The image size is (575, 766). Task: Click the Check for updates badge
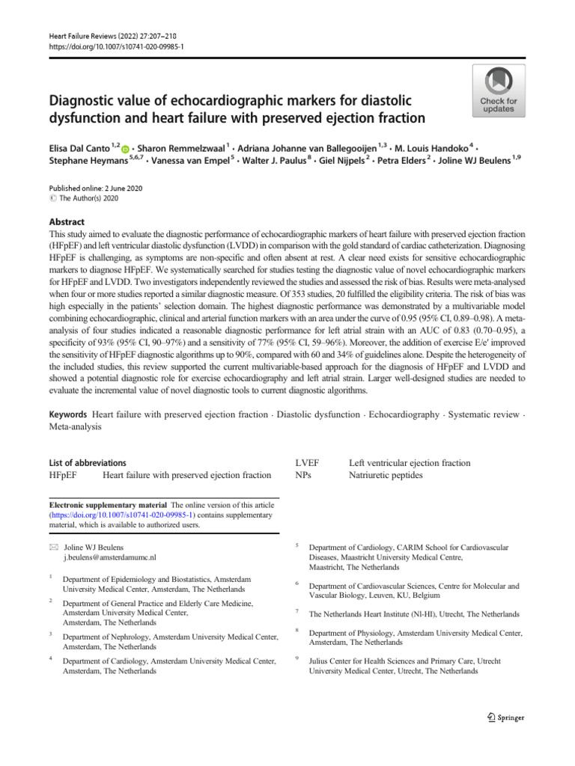point(498,91)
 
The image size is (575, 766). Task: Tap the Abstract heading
point(67,222)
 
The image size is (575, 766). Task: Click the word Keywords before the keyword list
point(67,414)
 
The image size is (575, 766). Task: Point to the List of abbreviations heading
point(87,463)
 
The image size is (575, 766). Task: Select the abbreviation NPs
point(303,474)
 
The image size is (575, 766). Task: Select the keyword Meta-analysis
point(75,426)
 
